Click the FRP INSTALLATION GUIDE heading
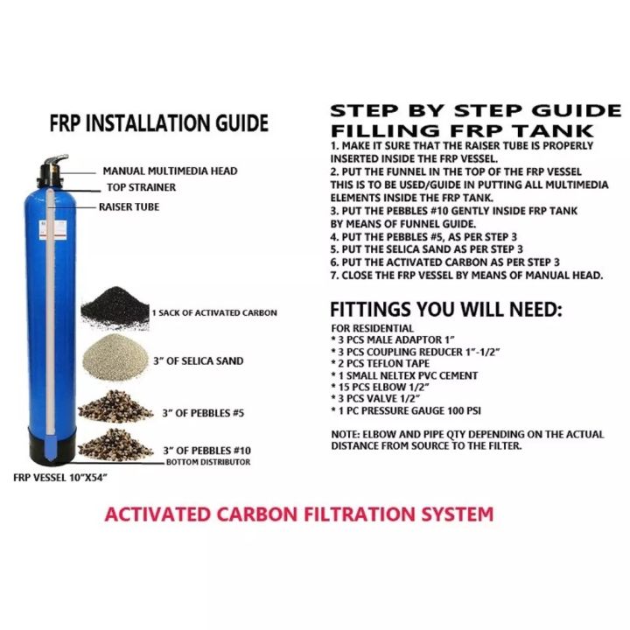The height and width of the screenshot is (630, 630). pos(158,123)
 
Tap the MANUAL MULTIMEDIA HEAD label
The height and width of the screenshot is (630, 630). pos(170,171)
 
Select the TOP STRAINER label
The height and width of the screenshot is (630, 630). pos(141,187)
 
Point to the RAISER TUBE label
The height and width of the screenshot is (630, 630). pos(129,206)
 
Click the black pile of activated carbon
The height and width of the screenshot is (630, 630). pos(115,307)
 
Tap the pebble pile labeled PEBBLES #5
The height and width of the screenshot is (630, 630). pos(115,407)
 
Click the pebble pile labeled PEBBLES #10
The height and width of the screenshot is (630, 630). pos(115,444)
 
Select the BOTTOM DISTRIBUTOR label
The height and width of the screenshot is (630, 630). pos(208,462)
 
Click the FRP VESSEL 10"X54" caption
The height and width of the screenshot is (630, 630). pos(60,478)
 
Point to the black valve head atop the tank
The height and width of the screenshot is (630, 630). pos(52,171)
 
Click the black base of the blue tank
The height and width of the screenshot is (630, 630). pos(52,445)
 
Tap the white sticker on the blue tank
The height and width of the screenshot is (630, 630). pos(52,230)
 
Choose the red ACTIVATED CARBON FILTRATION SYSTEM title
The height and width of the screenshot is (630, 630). pos(299,514)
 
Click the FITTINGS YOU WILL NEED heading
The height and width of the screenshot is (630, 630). pos(446,310)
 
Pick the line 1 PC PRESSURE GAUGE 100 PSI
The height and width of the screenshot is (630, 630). pos(406,410)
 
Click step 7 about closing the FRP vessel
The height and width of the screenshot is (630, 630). pos(467,276)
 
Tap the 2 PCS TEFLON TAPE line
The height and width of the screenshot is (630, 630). pos(380,364)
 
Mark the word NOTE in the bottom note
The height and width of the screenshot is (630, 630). pos(345,434)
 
